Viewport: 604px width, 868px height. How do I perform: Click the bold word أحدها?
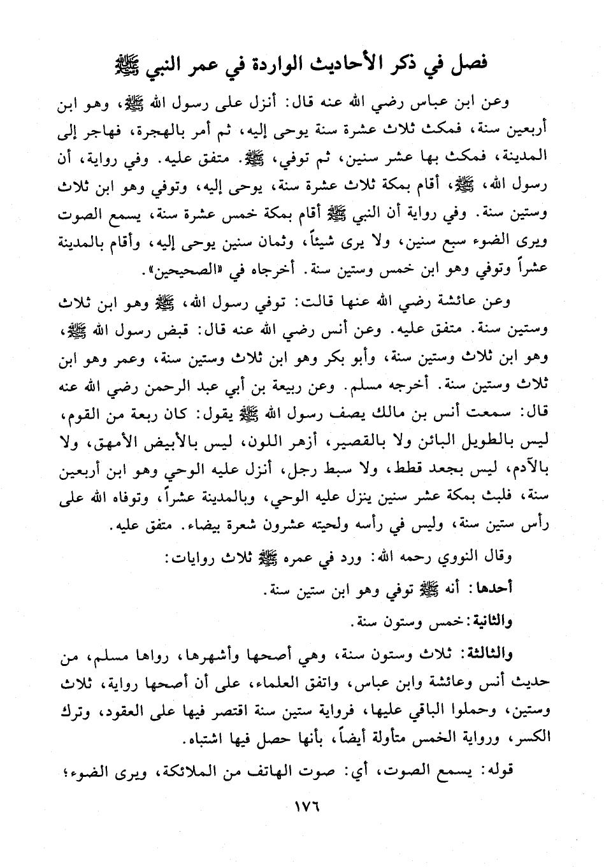tap(494, 590)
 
